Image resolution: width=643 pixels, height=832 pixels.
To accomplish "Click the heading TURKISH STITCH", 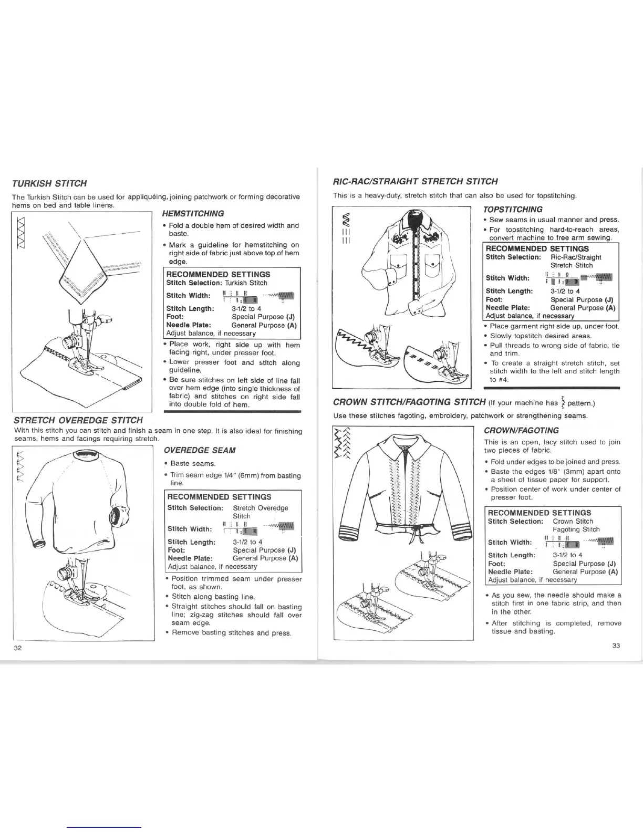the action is pyautogui.click(x=49, y=184).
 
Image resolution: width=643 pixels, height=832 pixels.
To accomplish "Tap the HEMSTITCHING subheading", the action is pyautogui.click(x=193, y=213).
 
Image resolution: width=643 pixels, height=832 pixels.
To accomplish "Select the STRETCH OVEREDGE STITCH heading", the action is pyautogui.click(x=78, y=420).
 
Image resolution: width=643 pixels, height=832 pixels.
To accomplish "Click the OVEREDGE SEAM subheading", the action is pyautogui.click(x=199, y=450).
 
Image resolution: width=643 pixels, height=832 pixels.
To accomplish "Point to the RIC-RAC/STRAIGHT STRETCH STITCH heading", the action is pyautogui.click(x=416, y=182).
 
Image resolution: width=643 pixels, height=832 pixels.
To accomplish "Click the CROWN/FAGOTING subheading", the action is pyautogui.click(x=522, y=430).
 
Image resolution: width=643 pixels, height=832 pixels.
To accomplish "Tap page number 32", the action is pyautogui.click(x=17, y=648).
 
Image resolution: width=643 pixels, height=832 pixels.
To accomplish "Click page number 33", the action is pyautogui.click(x=616, y=646).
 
